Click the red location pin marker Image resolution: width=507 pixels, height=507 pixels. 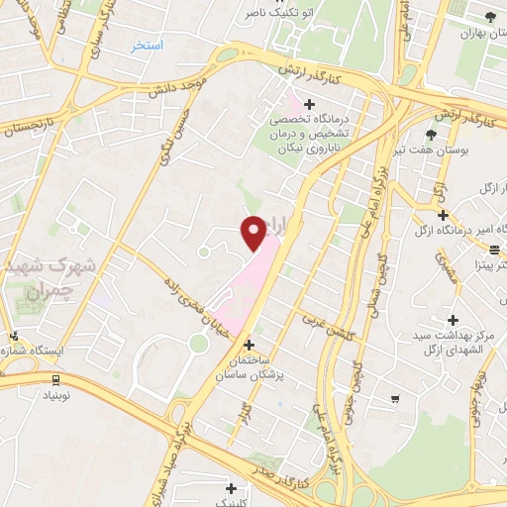[254, 232]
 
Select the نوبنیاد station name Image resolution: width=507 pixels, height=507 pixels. [56, 394]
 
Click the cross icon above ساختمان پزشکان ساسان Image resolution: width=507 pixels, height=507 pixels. [248, 346]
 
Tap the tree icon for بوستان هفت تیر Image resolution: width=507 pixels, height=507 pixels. [431, 134]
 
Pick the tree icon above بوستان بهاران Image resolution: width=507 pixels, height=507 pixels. [491, 15]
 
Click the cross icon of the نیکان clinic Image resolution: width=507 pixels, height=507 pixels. [310, 104]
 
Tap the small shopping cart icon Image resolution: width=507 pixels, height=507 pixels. [395, 399]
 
